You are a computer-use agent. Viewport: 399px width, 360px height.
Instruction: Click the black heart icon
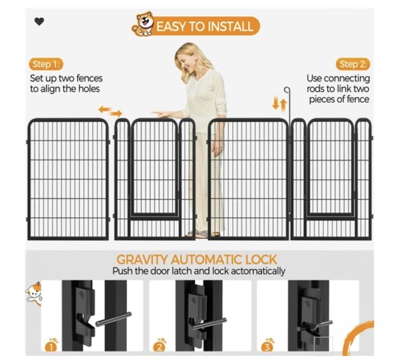coord(39,21)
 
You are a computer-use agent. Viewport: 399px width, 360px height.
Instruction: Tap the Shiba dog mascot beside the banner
coord(143,24)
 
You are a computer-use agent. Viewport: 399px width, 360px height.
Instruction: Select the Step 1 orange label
coord(46,64)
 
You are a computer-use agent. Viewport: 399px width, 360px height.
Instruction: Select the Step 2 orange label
coord(353,64)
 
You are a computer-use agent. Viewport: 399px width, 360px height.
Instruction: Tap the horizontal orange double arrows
coord(110,112)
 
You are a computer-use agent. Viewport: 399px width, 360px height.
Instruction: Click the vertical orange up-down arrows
coord(279,104)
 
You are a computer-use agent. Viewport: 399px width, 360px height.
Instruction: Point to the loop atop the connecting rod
coord(287,90)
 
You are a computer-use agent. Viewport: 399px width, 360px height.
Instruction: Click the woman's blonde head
coord(187,58)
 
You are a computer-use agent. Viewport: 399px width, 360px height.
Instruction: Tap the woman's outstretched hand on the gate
coord(161,114)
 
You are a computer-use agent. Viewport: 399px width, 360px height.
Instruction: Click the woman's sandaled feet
coord(202,234)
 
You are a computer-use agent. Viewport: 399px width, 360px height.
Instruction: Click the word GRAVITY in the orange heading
coord(142,260)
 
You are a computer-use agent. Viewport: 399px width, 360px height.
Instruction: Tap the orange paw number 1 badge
coord(51,345)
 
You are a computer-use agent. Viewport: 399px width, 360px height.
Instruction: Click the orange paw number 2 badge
coord(160,345)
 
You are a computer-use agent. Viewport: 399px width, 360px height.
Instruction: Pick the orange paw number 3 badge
coord(267,345)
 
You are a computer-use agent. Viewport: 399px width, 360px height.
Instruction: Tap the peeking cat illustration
coord(34,294)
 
